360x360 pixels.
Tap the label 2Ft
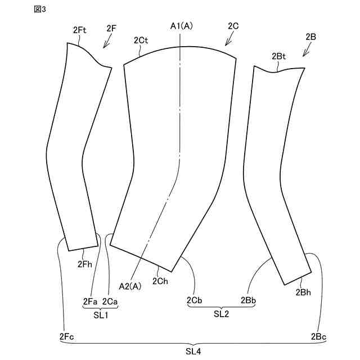tap(80, 30)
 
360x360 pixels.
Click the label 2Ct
tap(141, 40)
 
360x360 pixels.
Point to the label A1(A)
tap(181, 26)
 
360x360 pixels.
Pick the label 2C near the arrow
tap(233, 26)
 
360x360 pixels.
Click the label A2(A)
tap(131, 285)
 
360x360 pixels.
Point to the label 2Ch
tap(160, 281)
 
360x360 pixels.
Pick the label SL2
tap(221, 314)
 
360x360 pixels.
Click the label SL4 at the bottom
tap(193, 351)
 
